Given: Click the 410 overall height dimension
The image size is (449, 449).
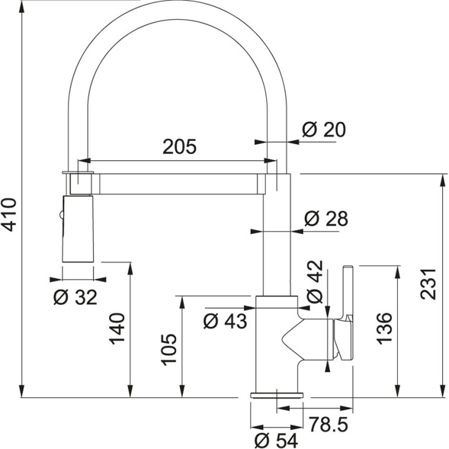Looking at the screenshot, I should pos(9,215).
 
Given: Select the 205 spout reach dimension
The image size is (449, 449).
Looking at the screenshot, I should pos(179,147).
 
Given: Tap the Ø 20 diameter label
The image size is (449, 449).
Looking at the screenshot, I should pos(323,130).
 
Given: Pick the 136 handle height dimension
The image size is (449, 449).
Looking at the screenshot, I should pos(384,327).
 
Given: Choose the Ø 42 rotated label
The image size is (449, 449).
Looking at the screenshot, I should pos(317,281).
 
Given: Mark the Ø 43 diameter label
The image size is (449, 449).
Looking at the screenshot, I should pos(225,321).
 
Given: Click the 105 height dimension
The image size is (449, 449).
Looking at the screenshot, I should pos(168,350).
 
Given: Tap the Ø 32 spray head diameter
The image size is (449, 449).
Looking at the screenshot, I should pos(75,298).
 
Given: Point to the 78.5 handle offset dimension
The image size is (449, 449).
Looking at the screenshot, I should pos(327,425).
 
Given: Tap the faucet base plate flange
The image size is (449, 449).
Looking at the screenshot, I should pos(277,395).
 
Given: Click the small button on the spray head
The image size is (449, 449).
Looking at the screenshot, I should pos(61,216).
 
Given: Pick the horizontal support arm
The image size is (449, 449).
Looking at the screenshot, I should pos(178,184).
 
